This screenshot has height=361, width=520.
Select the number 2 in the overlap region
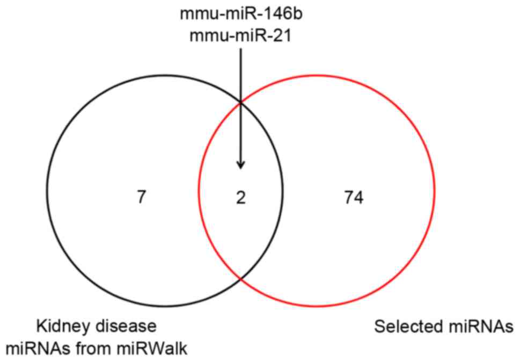click(240, 199)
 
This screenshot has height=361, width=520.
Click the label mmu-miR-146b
click(241, 13)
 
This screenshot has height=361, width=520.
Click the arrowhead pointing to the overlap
click(240, 164)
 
